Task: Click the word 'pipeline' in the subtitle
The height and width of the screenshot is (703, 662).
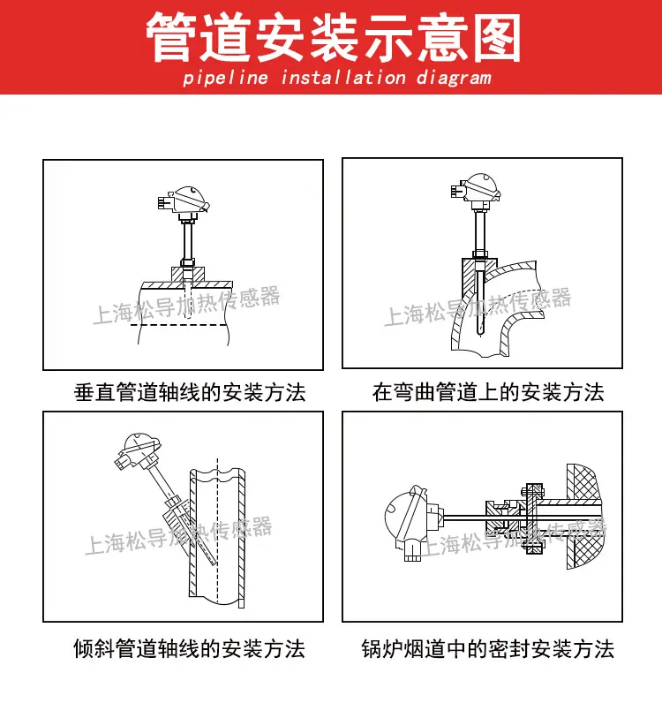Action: coord(225,78)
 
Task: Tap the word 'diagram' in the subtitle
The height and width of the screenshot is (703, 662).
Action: coord(450,78)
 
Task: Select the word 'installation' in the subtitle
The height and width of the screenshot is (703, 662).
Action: coord(343,78)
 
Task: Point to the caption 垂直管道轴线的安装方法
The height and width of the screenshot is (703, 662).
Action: coord(190,392)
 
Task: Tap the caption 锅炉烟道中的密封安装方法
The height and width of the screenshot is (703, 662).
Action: coord(487,650)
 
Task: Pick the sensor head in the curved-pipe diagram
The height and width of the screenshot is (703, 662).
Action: coord(480,186)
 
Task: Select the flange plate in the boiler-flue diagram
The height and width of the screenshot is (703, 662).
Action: coord(531,517)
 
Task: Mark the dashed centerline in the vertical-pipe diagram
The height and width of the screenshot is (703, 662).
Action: coord(181,325)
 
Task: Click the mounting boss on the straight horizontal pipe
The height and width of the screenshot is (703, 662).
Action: coord(188,273)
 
